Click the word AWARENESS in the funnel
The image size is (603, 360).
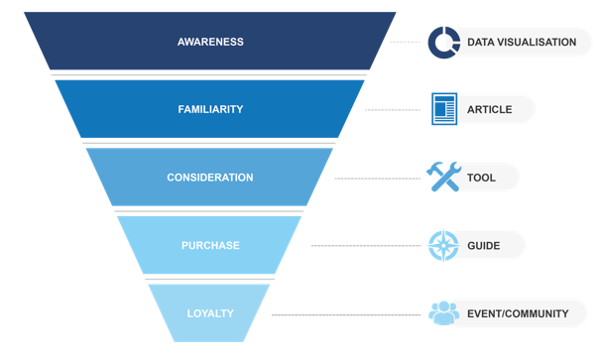(x=210, y=42)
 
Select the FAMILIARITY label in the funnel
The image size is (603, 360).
(x=210, y=109)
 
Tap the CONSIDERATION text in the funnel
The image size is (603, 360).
(x=210, y=178)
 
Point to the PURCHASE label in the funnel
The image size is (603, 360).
(x=210, y=245)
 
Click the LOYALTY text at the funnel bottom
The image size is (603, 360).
(x=210, y=313)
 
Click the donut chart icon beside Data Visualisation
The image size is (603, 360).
(x=443, y=43)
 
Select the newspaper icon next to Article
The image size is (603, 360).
(x=443, y=109)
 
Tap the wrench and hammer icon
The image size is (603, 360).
(x=443, y=177)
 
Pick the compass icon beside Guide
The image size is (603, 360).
(x=443, y=245)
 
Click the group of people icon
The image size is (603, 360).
(x=443, y=313)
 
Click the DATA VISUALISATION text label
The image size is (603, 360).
(x=521, y=43)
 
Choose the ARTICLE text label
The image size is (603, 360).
(x=489, y=109)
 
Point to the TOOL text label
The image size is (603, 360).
(x=481, y=178)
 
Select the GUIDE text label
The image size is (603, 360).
(x=483, y=245)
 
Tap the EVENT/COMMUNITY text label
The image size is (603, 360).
(x=518, y=313)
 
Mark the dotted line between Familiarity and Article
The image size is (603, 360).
(x=393, y=110)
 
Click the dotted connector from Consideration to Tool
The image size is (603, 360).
(x=378, y=179)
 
